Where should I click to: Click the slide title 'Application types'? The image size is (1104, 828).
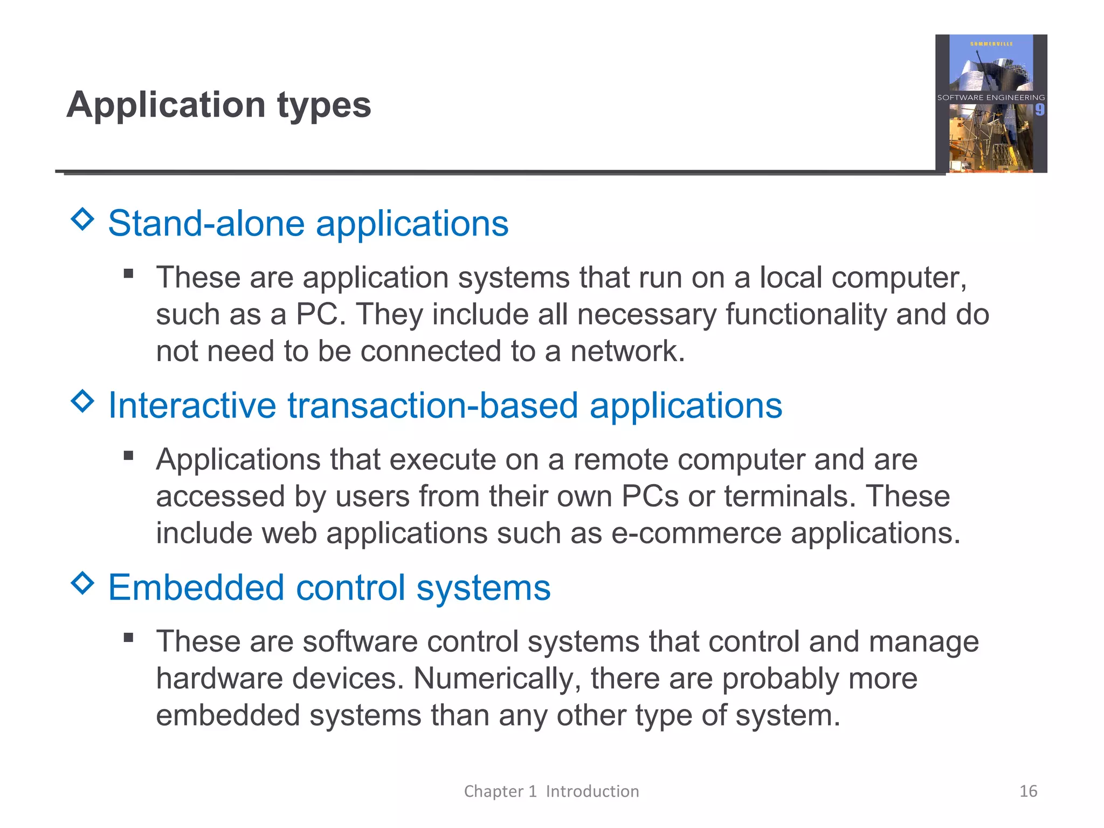pyautogui.click(x=219, y=105)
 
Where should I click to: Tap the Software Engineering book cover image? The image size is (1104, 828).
pyautogui.click(x=991, y=103)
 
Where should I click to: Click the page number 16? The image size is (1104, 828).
pyautogui.click(x=1028, y=791)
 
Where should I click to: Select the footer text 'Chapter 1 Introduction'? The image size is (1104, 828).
pyautogui.click(x=551, y=791)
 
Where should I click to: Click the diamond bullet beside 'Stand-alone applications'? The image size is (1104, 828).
pyautogui.click(x=82, y=219)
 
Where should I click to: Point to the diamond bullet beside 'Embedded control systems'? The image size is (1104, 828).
pyautogui.click(x=82, y=583)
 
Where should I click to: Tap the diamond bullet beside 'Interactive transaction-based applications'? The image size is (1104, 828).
pyautogui.click(x=82, y=401)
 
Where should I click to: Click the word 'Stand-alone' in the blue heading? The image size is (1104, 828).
pyautogui.click(x=206, y=223)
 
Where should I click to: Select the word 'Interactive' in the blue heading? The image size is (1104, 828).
pyautogui.click(x=192, y=405)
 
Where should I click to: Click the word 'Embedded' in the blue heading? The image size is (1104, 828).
pyautogui.click(x=196, y=587)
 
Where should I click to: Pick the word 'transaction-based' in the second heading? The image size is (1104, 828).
pyautogui.click(x=433, y=405)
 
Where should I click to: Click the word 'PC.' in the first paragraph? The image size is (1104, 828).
pyautogui.click(x=321, y=314)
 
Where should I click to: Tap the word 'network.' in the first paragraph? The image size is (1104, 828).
pyautogui.click(x=627, y=351)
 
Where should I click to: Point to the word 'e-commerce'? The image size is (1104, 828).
pyautogui.click(x=696, y=533)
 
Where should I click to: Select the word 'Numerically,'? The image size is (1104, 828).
pyautogui.click(x=497, y=678)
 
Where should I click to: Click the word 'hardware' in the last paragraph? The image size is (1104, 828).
pyautogui.click(x=219, y=678)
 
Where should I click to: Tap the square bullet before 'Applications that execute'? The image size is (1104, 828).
pyautogui.click(x=128, y=456)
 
